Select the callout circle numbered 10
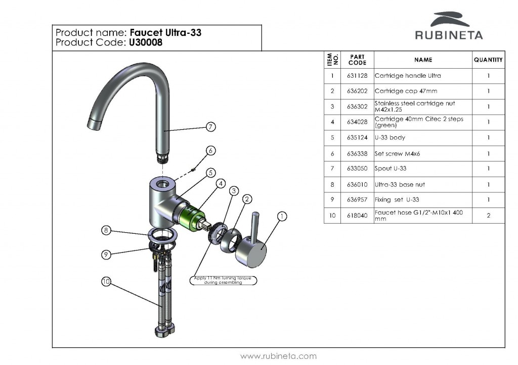click(106, 282)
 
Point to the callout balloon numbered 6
click(211, 150)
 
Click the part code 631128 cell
click(357, 76)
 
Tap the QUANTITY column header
click(488, 60)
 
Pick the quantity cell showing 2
click(488, 216)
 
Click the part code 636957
click(357, 200)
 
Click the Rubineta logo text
click(449, 35)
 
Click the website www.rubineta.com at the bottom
click(278, 356)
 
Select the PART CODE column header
click(357, 60)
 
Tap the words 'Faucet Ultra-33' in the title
click(165, 33)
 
